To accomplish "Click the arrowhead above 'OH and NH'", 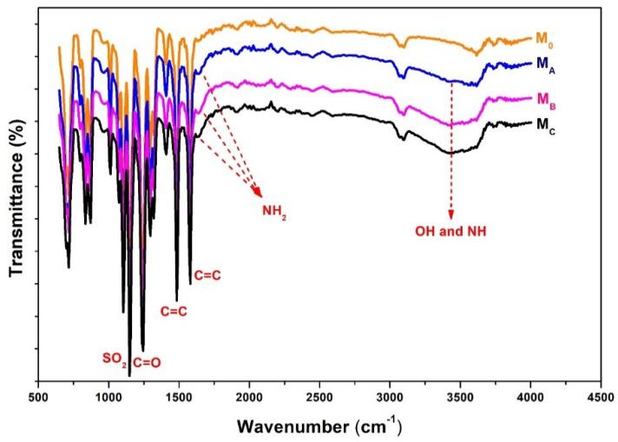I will coord(450,215).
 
